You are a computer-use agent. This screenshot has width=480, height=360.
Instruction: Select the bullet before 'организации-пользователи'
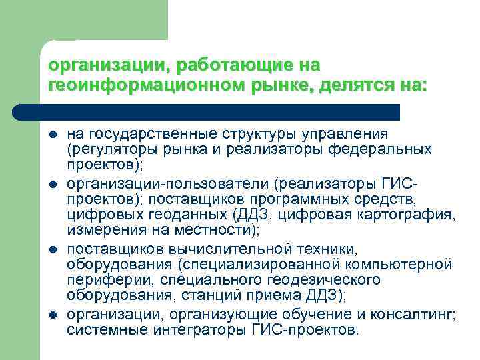[x=53, y=184]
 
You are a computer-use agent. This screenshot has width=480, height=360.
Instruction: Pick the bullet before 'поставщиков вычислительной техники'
[x=53, y=249]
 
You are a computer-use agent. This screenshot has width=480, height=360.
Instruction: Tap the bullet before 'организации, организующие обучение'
[x=53, y=314]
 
